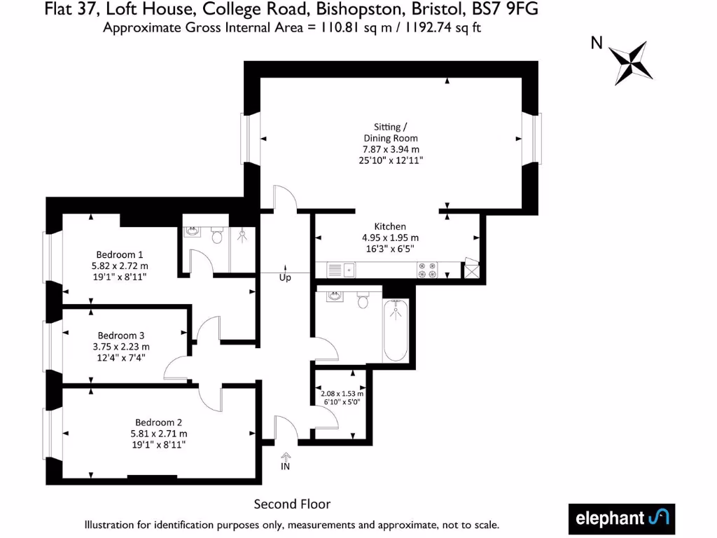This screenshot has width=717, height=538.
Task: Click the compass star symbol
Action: coord(630,62)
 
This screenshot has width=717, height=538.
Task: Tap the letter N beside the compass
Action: coord(597,43)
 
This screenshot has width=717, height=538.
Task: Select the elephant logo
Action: coord(621,518)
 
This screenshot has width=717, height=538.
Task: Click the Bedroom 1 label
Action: coord(120,254)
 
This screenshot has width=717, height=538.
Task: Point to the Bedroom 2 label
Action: coord(159,422)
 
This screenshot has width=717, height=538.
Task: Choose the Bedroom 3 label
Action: coord(121,335)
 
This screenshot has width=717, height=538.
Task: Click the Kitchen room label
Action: coord(390,226)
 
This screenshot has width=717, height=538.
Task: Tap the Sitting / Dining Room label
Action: coord(391,132)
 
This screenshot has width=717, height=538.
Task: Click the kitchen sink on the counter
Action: coord(342,268)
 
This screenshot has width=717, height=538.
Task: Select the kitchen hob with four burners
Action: coord(429,269)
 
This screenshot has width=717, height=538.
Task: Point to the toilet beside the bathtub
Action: coord(363,300)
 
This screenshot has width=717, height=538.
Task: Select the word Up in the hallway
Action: coord(285,277)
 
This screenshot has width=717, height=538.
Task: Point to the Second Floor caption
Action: coord(292,504)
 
